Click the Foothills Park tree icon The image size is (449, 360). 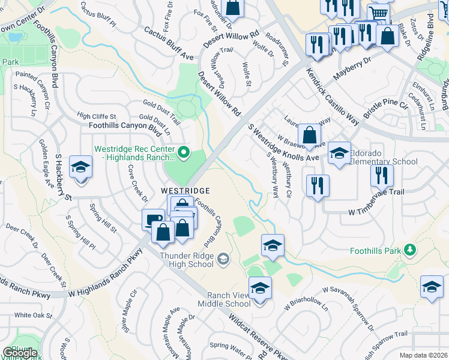pyautogui.click(x=410, y=249)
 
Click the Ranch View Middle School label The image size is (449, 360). pyautogui.click(x=229, y=299)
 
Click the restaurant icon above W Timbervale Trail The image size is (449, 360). pyautogui.click(x=382, y=175)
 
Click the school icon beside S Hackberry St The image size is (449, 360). pyautogui.click(x=80, y=167)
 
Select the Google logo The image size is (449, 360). pyautogui.click(x=20, y=353)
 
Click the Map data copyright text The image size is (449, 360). pyautogui.click(x=424, y=355)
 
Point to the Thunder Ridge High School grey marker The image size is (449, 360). pyautogui.click(x=223, y=259)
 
